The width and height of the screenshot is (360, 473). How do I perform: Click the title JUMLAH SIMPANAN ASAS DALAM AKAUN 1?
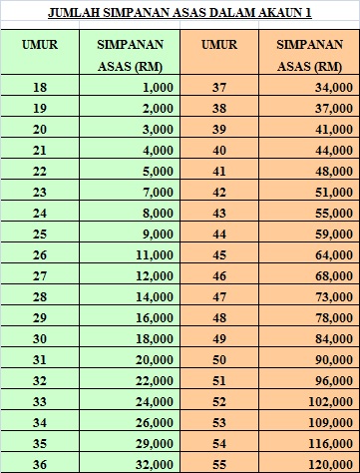[x=180, y=14]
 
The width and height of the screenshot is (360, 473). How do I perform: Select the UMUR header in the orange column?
[x=219, y=46]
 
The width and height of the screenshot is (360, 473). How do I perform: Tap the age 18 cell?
[x=40, y=89]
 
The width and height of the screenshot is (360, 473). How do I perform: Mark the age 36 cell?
[x=40, y=463]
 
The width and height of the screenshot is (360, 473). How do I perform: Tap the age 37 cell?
[x=220, y=89]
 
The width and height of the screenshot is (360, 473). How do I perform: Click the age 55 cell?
[x=220, y=463]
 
